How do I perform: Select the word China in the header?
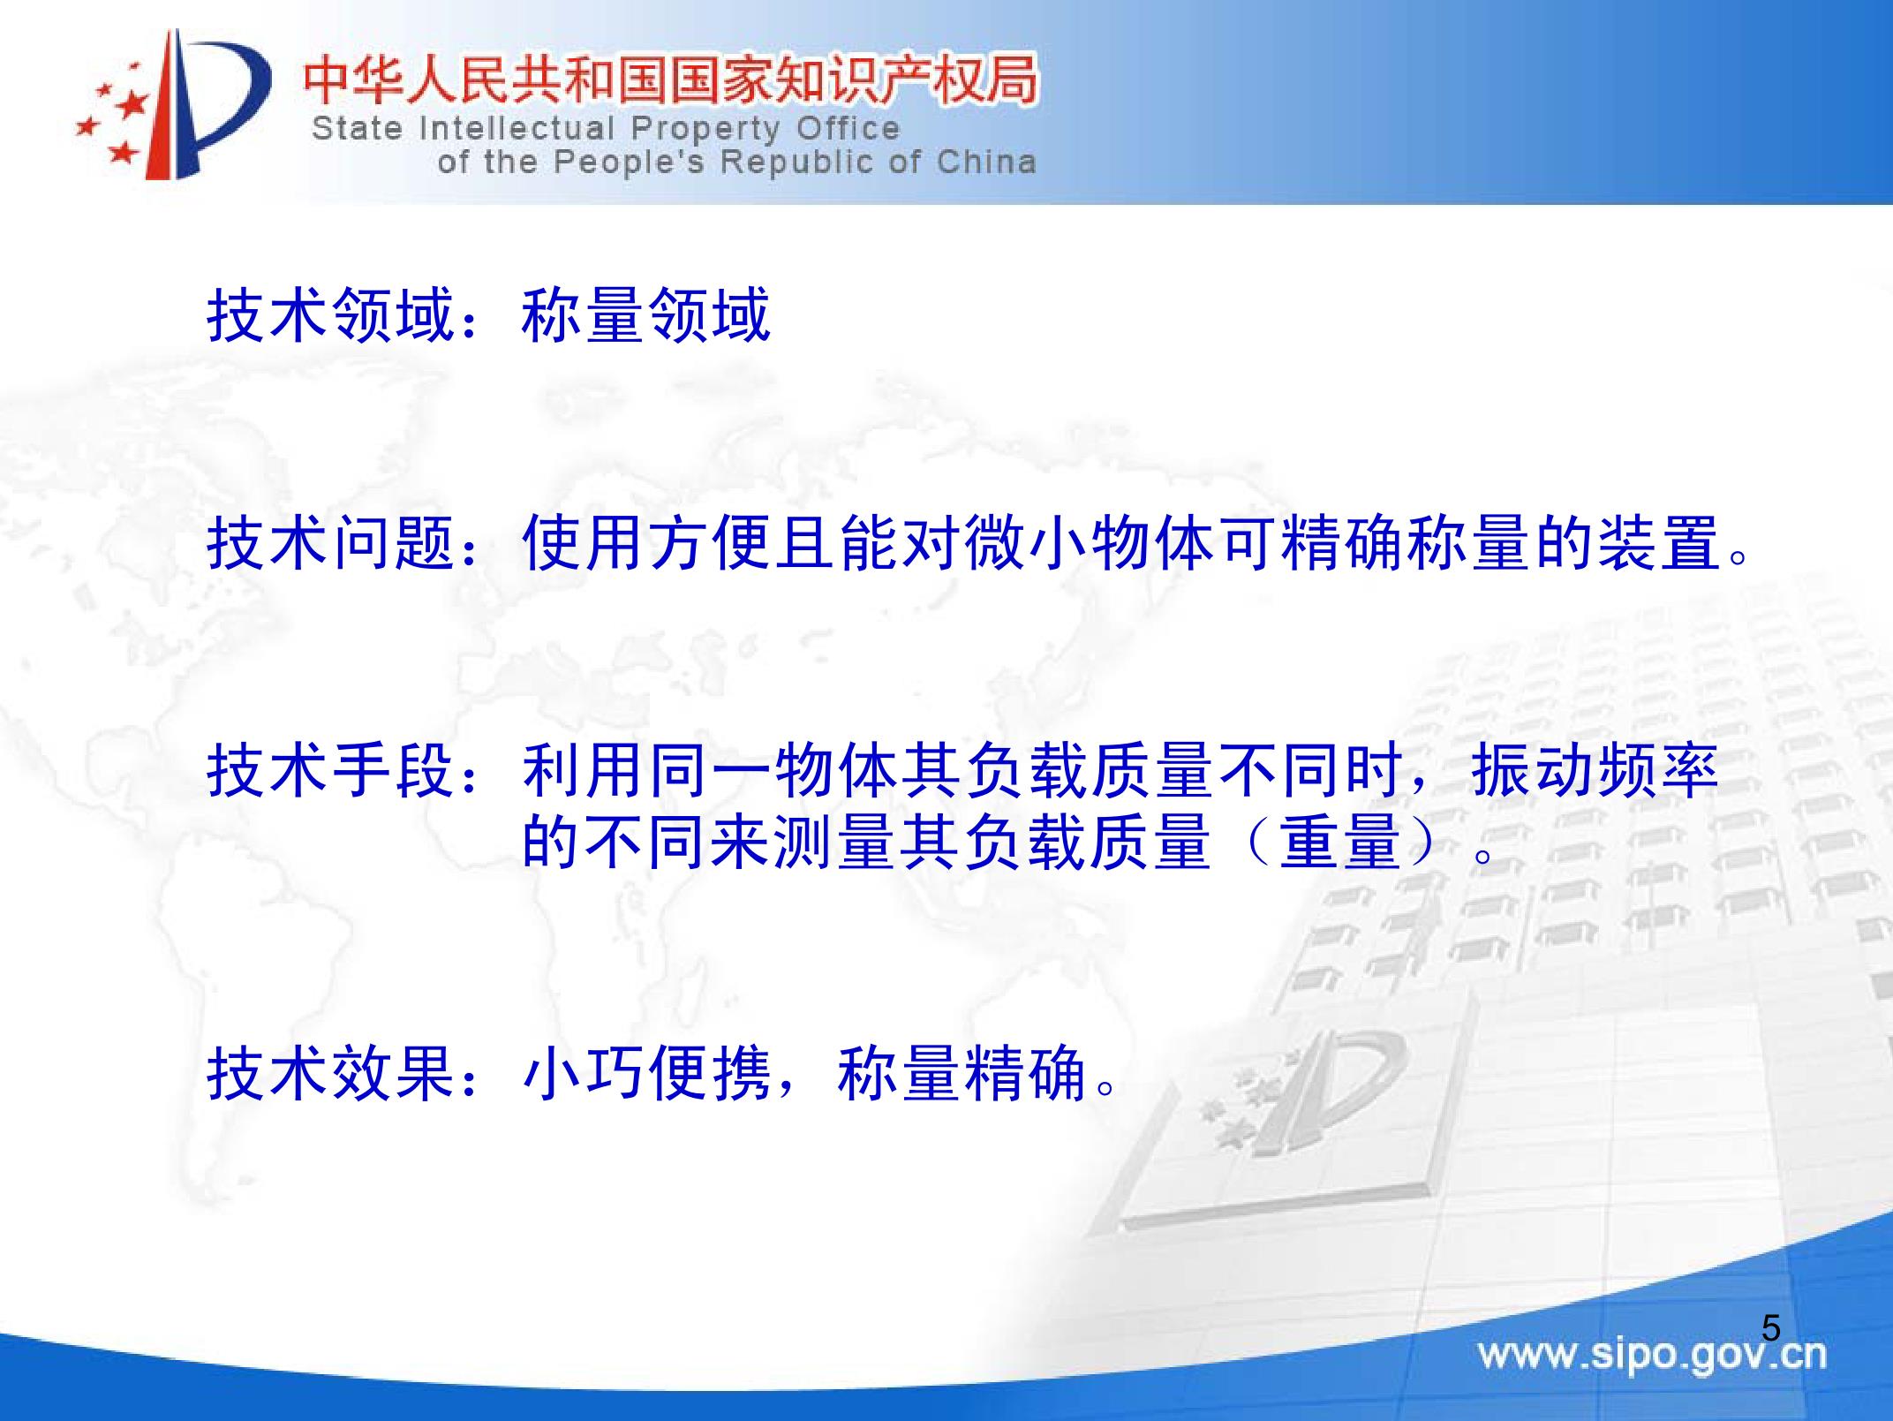tap(987, 162)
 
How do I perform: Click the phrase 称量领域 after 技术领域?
tap(646, 314)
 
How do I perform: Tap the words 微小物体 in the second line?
tap(1089, 543)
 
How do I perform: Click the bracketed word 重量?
tap(1340, 841)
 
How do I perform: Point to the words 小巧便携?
tap(646, 1074)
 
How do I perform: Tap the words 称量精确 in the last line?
tap(962, 1074)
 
